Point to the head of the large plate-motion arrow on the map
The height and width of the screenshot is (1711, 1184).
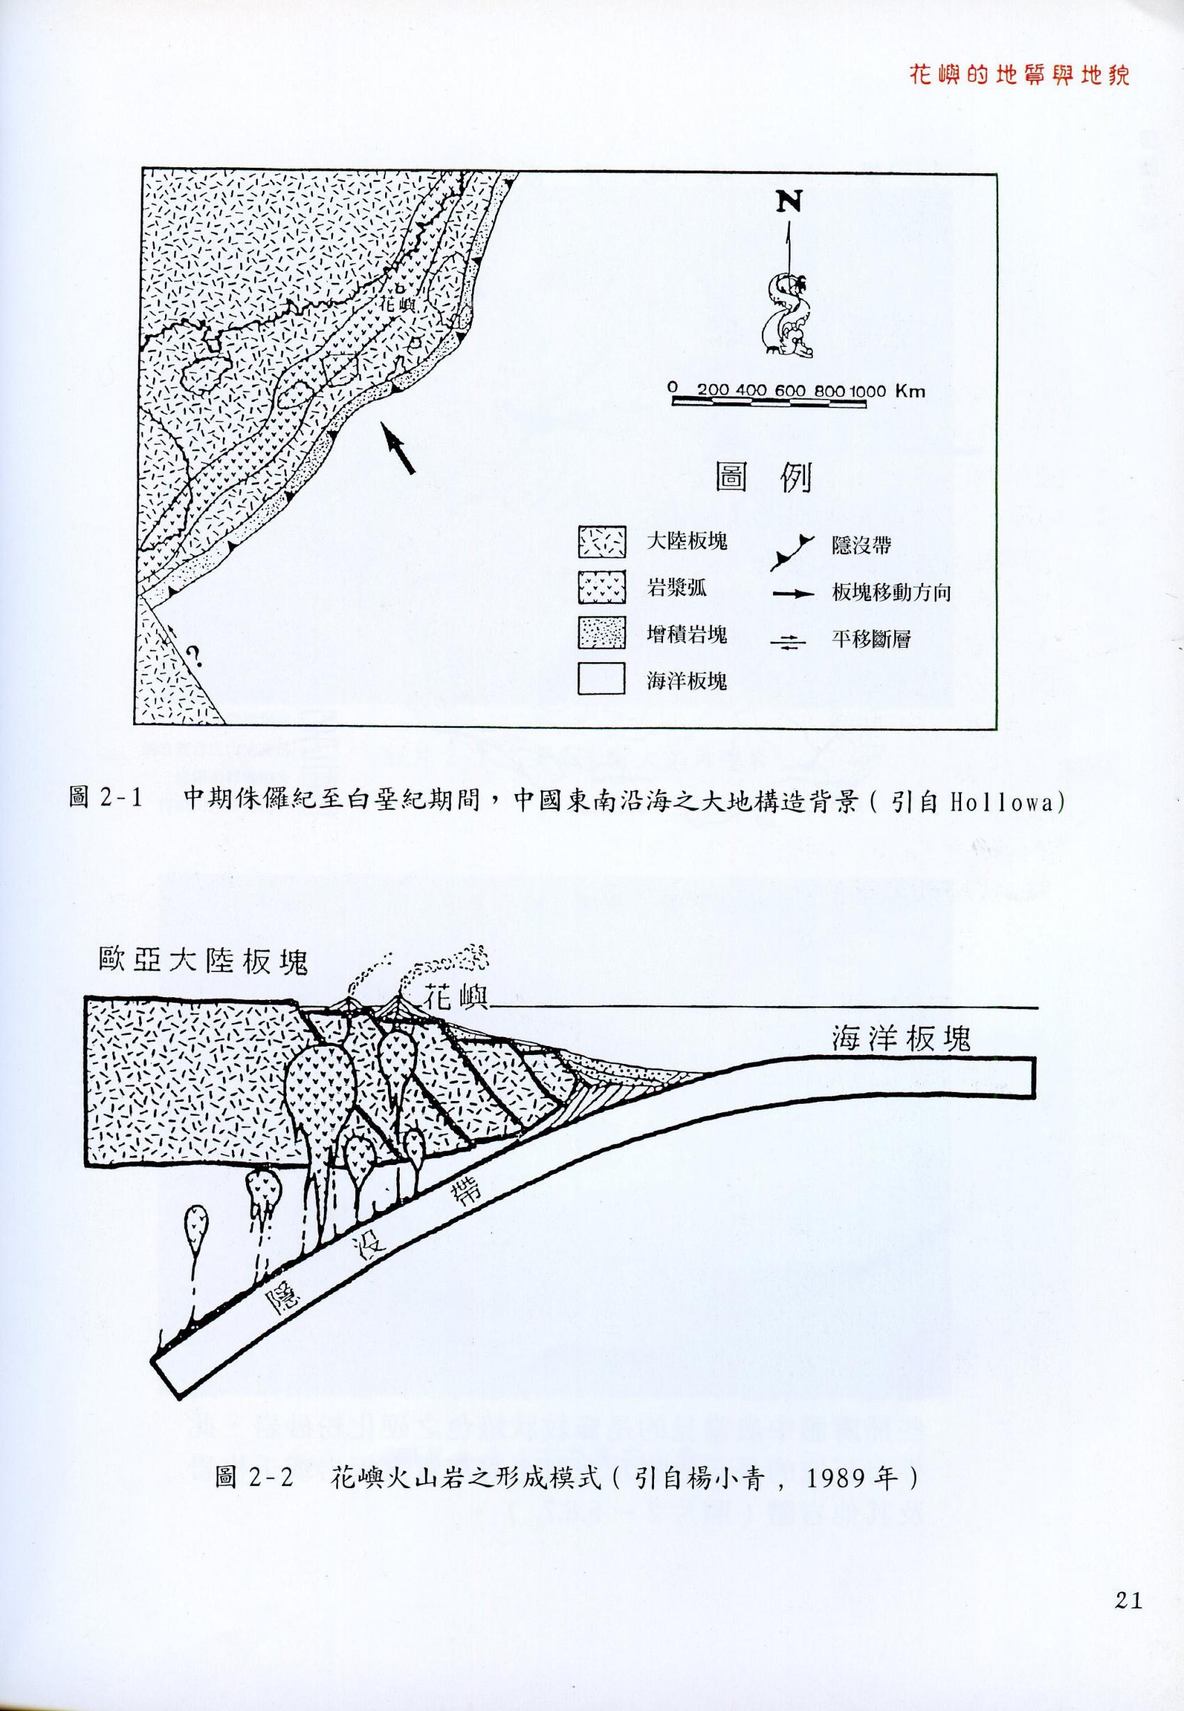coord(383,423)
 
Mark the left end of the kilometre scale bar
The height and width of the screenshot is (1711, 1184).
coord(673,402)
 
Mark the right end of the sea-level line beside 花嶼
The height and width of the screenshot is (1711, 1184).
coord(1037,1007)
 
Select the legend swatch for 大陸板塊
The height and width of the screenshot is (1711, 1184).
coord(602,542)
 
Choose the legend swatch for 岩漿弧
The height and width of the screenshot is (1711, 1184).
coord(602,589)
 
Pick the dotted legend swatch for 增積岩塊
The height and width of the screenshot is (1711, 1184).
coord(602,634)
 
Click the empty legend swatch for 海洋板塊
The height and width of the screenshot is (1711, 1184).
coord(602,680)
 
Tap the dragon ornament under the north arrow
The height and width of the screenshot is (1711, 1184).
coord(788,315)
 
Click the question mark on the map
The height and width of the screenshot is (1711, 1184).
coord(194,655)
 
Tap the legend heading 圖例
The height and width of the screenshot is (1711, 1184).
coord(763,479)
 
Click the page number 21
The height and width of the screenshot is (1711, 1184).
coord(1127,1595)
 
